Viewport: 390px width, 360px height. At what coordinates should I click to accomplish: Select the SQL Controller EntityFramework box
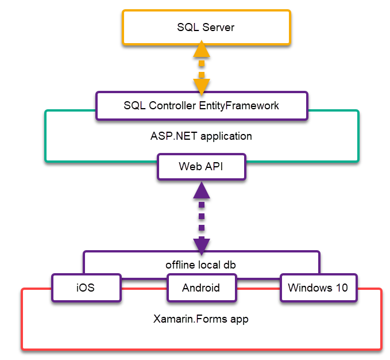coord(202,106)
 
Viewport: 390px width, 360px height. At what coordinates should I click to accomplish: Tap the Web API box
coord(202,167)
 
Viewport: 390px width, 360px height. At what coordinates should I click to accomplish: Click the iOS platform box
coord(86,288)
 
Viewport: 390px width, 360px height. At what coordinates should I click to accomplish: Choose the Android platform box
coord(201,288)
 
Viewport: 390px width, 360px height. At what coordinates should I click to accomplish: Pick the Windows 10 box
coord(318,288)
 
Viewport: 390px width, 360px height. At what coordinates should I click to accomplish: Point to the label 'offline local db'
coord(201,265)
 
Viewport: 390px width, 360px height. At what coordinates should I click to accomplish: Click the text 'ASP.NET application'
coord(201,136)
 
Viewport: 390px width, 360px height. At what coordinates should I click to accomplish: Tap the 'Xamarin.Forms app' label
coord(201,318)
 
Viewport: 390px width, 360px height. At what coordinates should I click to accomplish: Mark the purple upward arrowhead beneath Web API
coord(201,190)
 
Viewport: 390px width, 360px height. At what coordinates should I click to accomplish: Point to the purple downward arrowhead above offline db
coord(201,244)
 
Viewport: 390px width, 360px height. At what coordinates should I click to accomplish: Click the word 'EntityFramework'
coord(239,106)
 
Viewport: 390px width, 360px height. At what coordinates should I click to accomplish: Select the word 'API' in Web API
coord(215,167)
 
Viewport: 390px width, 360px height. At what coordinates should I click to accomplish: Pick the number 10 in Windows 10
coord(341,288)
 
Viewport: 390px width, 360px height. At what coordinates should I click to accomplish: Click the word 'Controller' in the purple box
coord(172,106)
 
